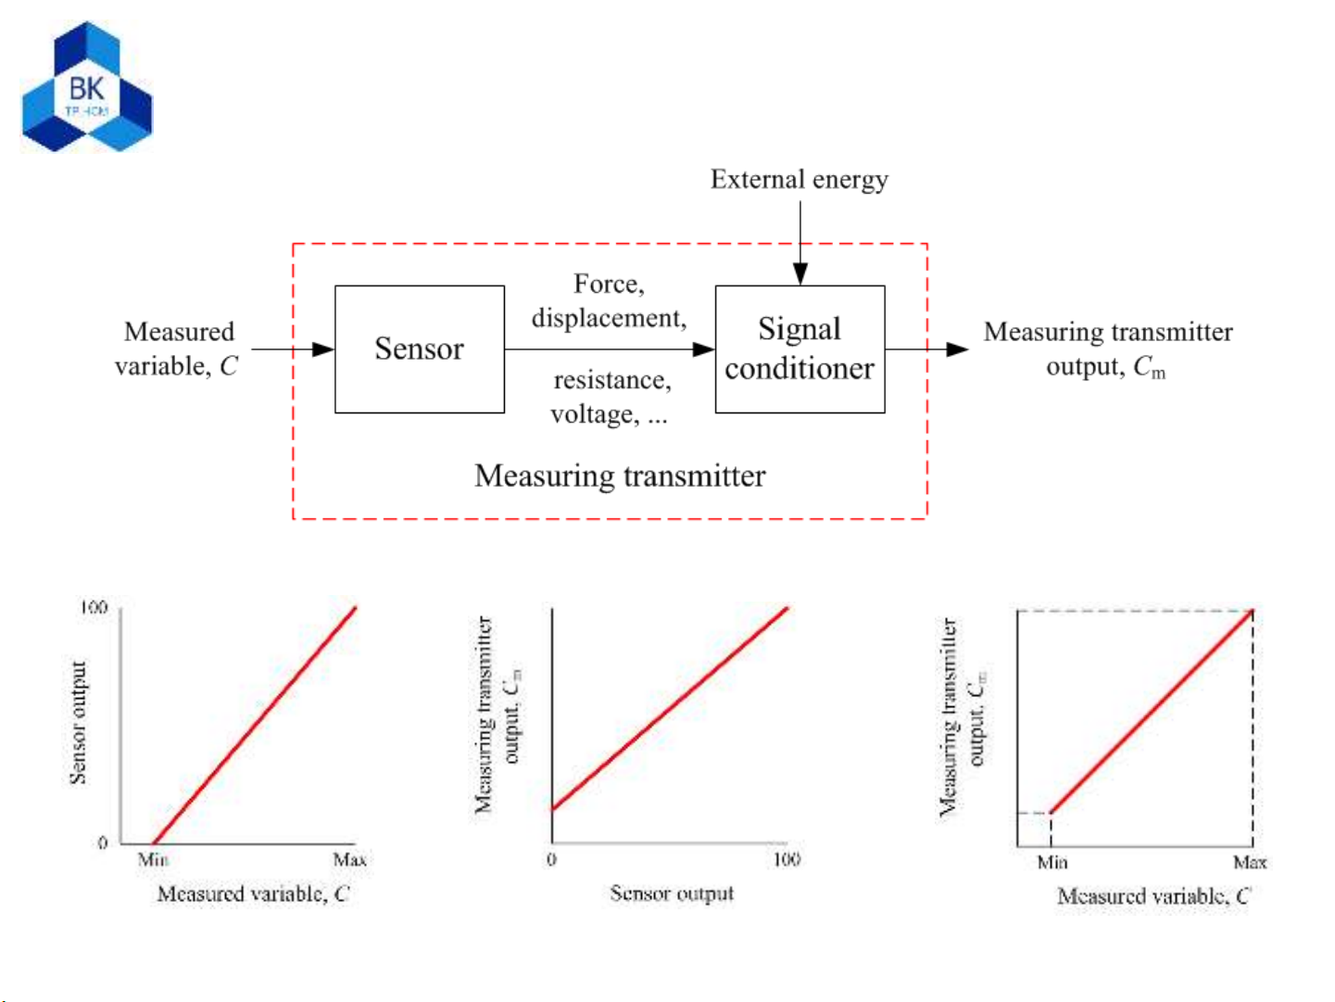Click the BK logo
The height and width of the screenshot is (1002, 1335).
click(x=87, y=88)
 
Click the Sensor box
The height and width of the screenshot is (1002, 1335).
click(x=419, y=349)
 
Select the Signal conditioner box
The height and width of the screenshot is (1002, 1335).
click(x=800, y=349)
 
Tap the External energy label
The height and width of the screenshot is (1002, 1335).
click(x=799, y=179)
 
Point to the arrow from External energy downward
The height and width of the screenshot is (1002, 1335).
click(x=800, y=241)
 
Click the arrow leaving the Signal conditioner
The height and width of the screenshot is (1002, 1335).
click(x=926, y=349)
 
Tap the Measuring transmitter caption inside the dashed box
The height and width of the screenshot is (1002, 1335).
click(x=620, y=476)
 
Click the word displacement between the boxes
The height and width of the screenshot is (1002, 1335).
click(x=608, y=318)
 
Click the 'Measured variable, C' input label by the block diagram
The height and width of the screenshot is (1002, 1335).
click(x=177, y=349)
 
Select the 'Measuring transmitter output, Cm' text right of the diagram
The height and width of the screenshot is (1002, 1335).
click(x=1108, y=349)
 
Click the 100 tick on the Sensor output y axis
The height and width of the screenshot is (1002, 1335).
click(x=94, y=608)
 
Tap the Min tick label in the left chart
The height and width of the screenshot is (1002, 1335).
click(x=153, y=860)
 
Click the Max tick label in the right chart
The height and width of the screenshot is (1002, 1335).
click(x=1250, y=863)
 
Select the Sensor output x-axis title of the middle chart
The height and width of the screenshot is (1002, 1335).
click(x=672, y=894)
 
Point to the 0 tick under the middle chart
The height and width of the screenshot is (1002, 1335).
click(x=551, y=860)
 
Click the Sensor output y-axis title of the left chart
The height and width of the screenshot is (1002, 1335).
click(x=79, y=723)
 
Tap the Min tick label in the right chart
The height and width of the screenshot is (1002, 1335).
click(x=1052, y=863)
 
